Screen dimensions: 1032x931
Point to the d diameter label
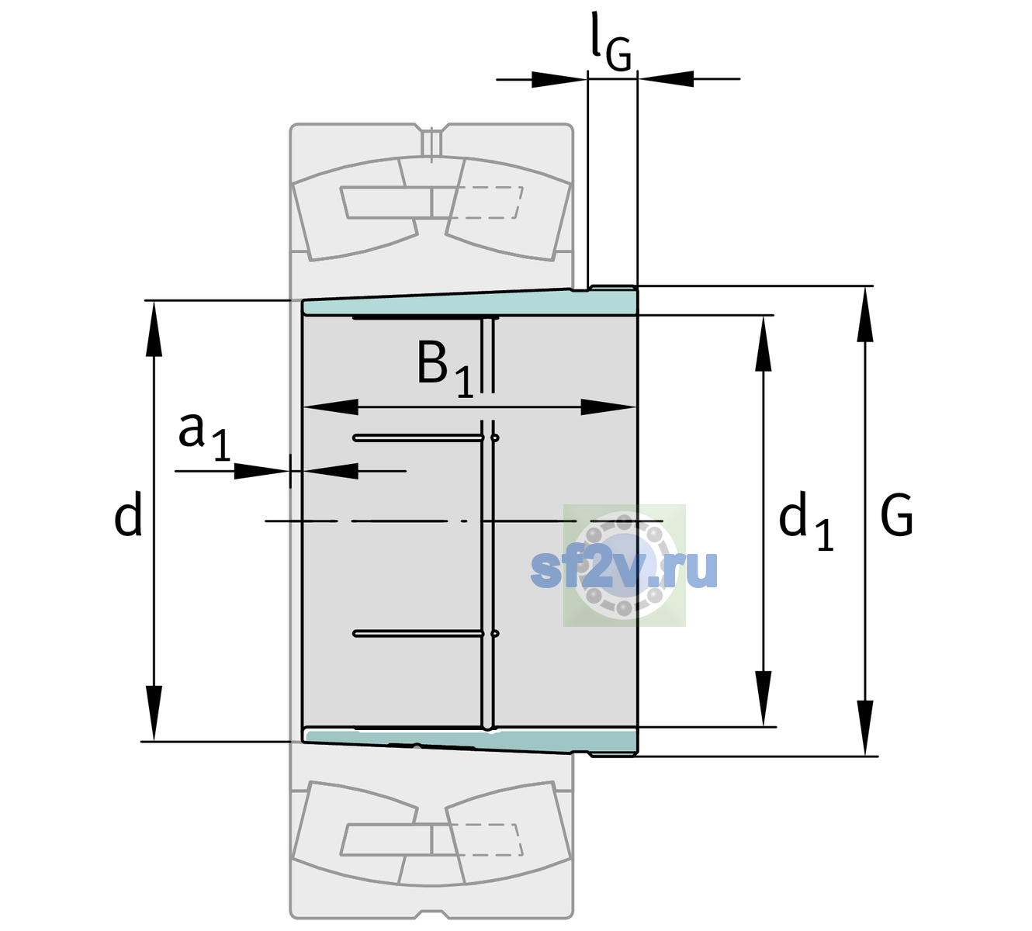click(x=127, y=514)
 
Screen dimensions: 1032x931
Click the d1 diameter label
click(x=805, y=521)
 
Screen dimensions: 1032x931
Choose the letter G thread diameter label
click(x=896, y=515)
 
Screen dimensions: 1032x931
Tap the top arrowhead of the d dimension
click(x=154, y=328)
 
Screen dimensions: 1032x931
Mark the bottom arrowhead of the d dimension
click(x=154, y=713)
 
